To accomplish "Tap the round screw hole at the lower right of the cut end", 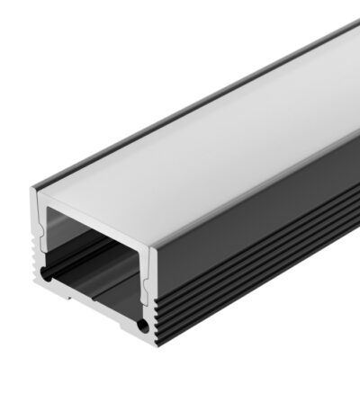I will click(140, 321).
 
